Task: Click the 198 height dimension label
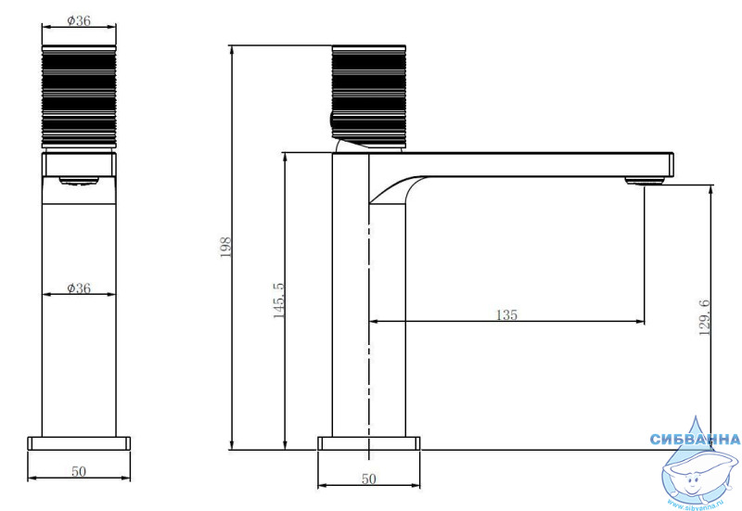coord(225,247)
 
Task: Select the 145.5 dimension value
coord(279,300)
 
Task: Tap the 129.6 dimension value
coord(705,317)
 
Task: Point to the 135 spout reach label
coord(506,314)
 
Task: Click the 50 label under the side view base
coord(368,479)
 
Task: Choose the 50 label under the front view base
coord(79,471)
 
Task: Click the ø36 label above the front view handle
coord(79,20)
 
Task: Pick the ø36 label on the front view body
coord(79,287)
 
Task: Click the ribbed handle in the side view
coord(368,96)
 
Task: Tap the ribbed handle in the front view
coord(79,96)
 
